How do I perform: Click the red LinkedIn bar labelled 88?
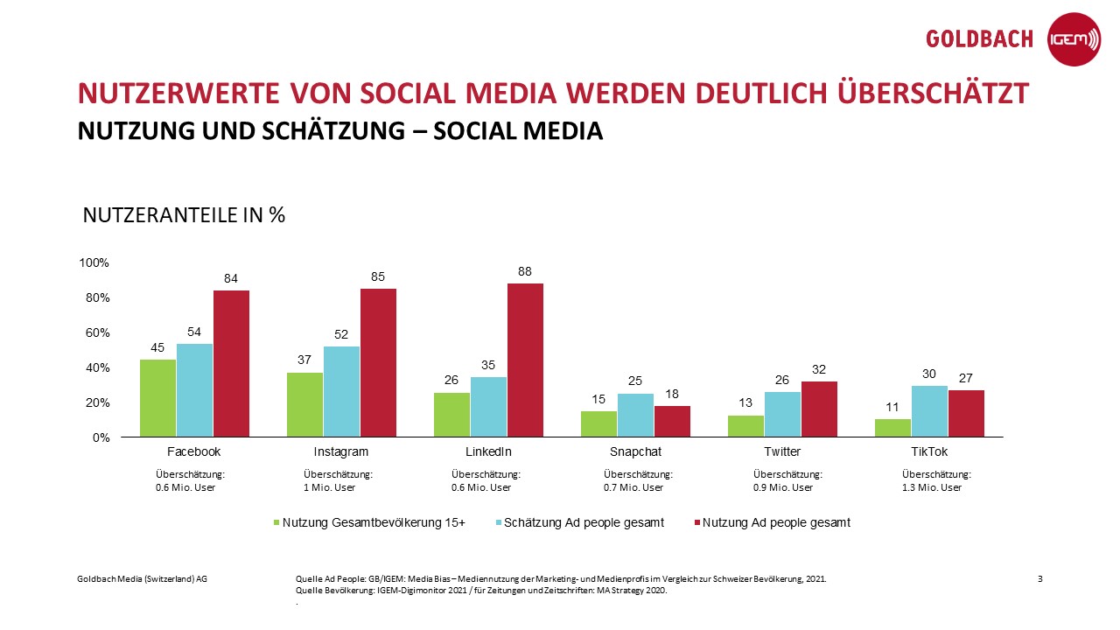click(x=525, y=360)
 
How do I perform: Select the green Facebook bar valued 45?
click(x=158, y=398)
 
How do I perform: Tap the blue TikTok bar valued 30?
click(x=929, y=411)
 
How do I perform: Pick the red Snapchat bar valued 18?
click(x=672, y=421)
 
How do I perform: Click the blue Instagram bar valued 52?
click(x=341, y=391)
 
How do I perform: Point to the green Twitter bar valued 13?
click(x=745, y=426)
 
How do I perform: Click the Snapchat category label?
click(x=635, y=452)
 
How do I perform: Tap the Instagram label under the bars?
click(x=341, y=452)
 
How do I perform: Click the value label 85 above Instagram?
click(x=378, y=276)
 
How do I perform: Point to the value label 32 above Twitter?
click(x=819, y=369)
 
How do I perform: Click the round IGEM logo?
click(x=1074, y=39)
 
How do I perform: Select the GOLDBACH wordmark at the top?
click(x=979, y=39)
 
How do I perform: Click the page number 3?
click(x=1039, y=578)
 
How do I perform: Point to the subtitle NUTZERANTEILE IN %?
click(x=184, y=215)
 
